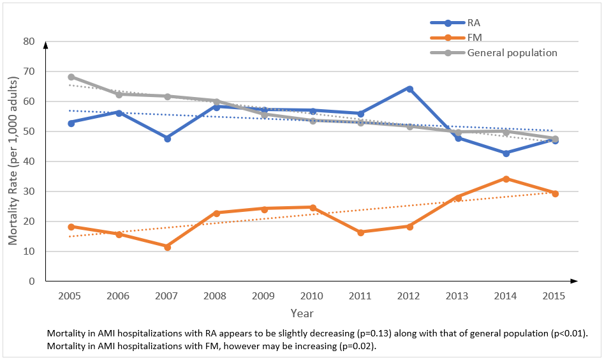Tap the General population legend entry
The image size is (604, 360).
(x=512, y=52)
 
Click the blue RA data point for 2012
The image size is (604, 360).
(x=409, y=89)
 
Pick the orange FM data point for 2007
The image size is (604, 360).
(x=167, y=246)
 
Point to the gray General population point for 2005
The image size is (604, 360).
(x=71, y=77)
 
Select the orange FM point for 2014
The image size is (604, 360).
(x=506, y=179)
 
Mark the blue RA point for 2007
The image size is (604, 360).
(x=167, y=138)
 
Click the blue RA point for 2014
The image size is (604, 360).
(x=506, y=153)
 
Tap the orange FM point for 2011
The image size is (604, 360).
(x=361, y=232)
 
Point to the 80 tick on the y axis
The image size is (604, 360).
(x=29, y=41)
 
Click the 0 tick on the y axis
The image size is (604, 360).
(x=31, y=281)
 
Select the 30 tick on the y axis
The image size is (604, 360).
(x=29, y=191)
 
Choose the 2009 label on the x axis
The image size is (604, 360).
(x=264, y=296)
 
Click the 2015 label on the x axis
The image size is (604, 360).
(x=555, y=296)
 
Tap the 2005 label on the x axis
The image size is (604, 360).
(x=71, y=296)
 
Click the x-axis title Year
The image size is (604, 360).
(x=302, y=313)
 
